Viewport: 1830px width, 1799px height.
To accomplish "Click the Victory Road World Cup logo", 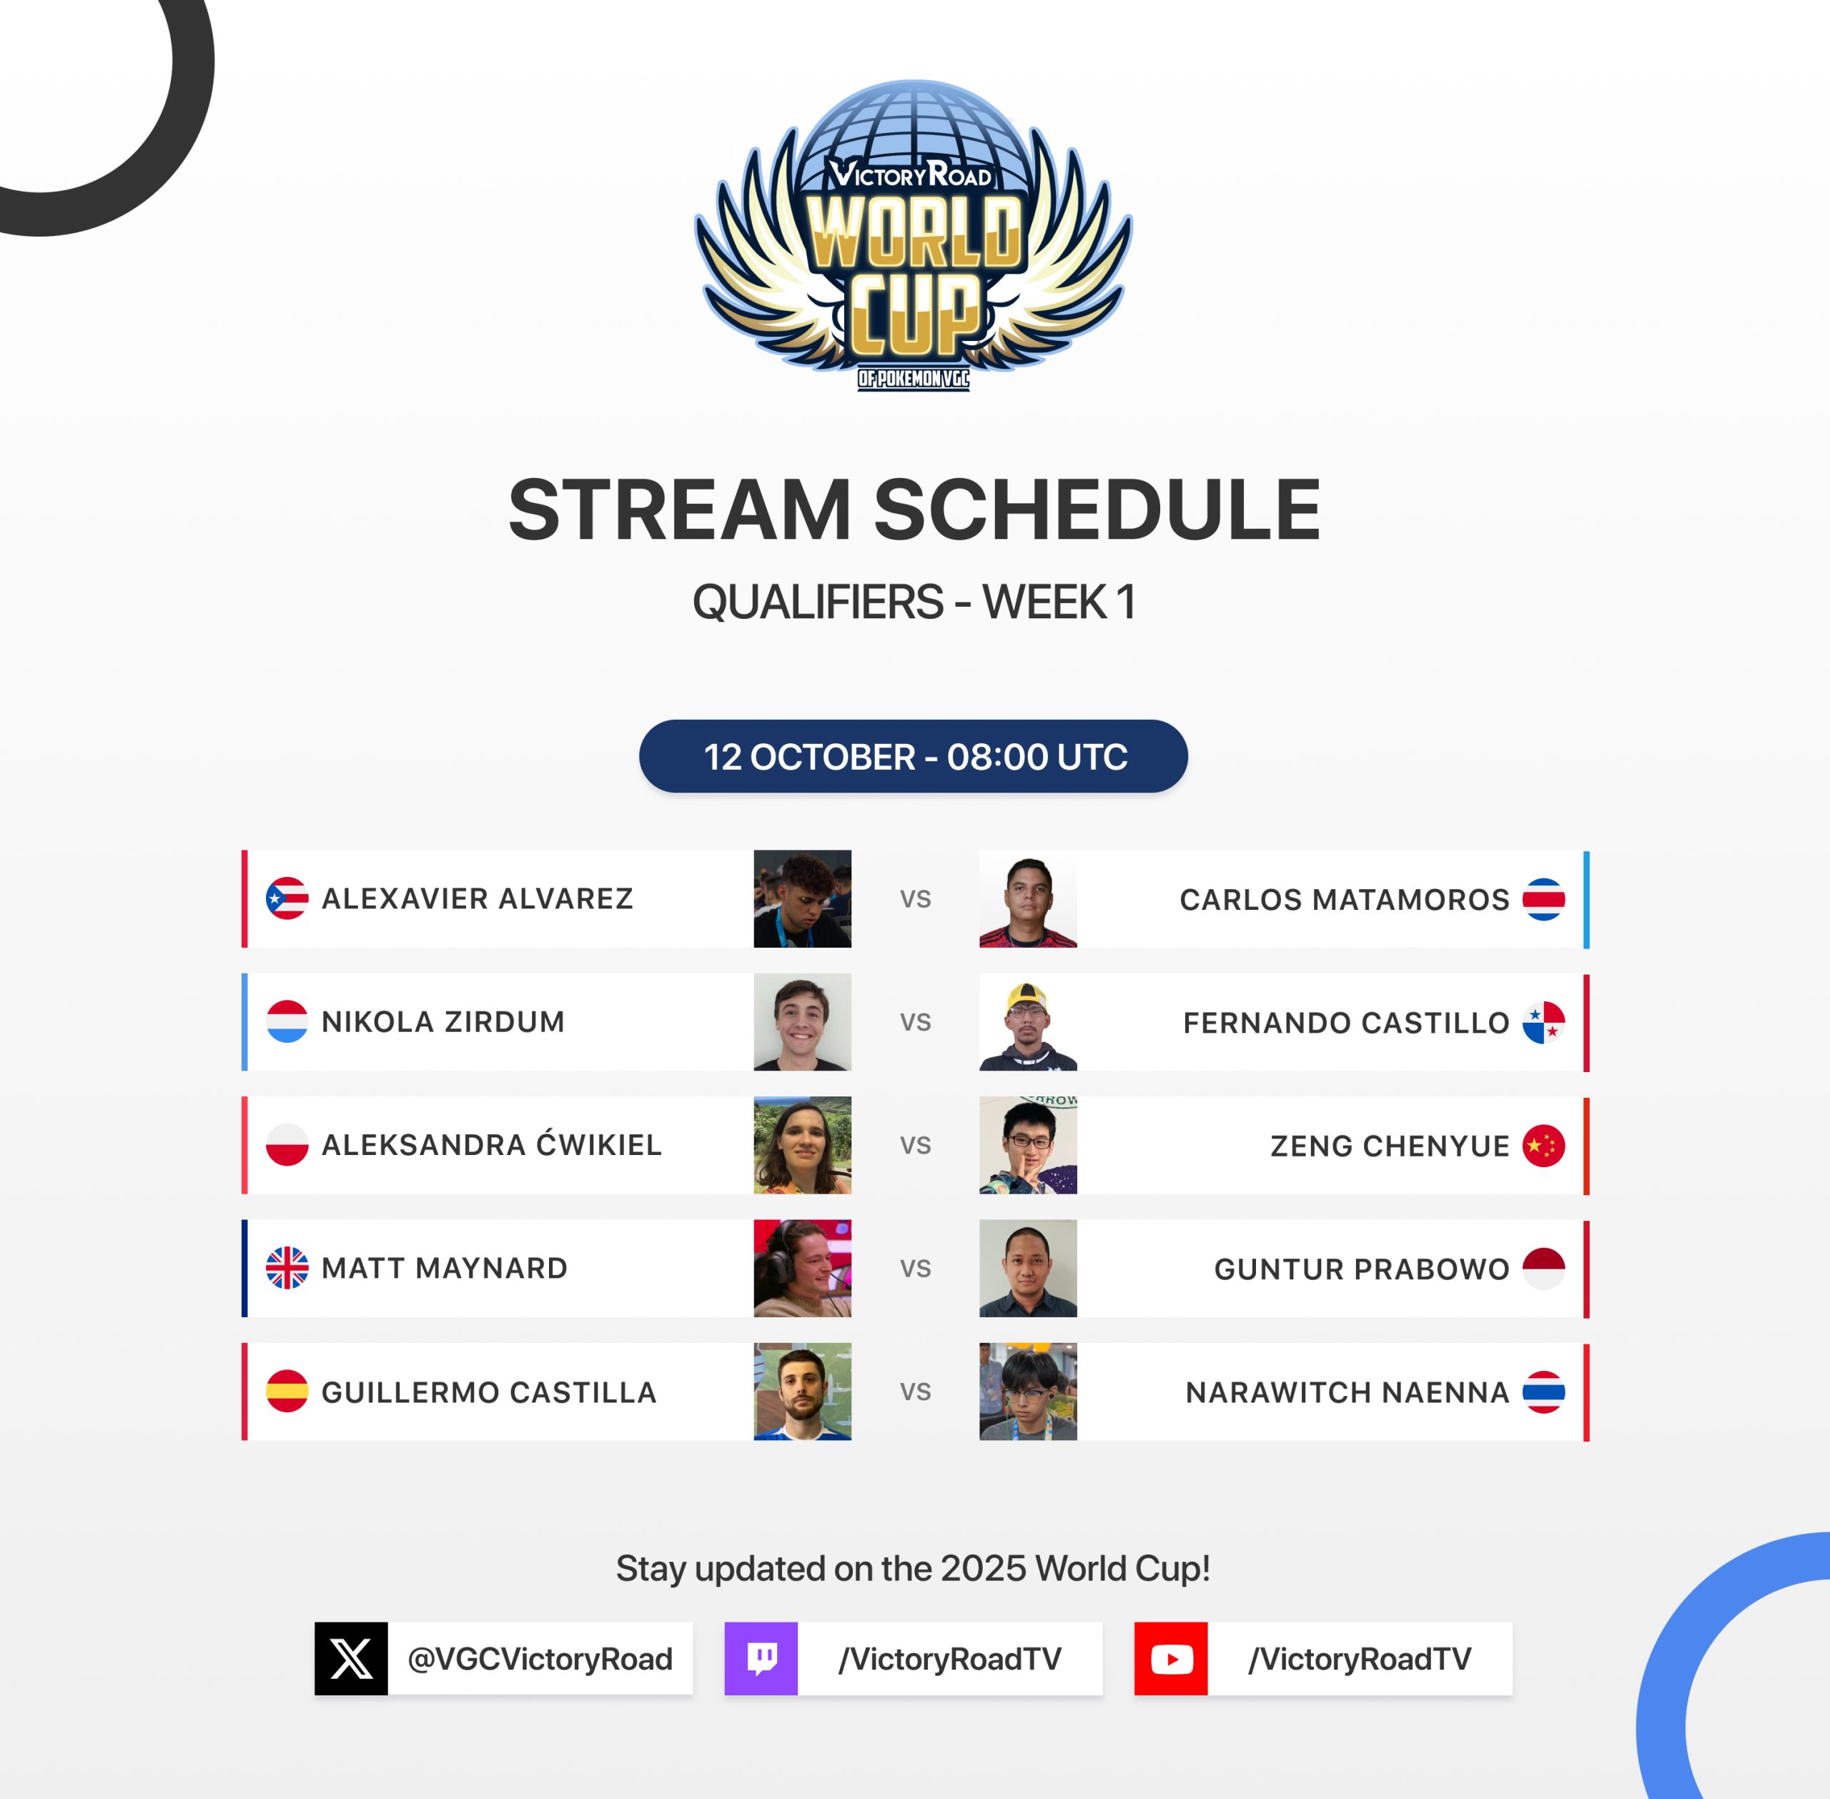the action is pos(914,235).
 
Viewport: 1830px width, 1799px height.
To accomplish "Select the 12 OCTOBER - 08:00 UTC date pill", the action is pos(914,756).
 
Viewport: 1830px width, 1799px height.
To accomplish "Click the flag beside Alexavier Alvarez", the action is pos(287,898).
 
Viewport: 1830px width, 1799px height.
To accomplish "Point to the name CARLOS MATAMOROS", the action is pos(1345,899).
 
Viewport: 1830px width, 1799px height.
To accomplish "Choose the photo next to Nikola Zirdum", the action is pos(802,1022).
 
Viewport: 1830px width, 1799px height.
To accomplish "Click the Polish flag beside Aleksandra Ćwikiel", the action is pos(287,1145).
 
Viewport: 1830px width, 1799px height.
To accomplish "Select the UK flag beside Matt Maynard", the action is pos(287,1268).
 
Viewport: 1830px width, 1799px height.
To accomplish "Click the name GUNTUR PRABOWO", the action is pos(1361,1269).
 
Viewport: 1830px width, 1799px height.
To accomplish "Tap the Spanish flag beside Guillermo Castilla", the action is pos(287,1392).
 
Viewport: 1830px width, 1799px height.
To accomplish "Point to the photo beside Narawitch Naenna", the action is pos(1028,1392).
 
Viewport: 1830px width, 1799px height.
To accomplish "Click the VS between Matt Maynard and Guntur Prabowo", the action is pos(916,1269).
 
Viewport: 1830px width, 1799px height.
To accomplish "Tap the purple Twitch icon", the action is pos(761,1658).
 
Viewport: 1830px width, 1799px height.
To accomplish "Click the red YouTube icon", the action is pos(1171,1658).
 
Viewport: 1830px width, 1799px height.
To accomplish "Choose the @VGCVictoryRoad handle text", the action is pos(540,1659).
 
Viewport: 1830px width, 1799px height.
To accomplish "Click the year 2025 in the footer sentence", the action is pos(982,1568).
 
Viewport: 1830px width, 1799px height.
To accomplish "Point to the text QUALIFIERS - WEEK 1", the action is pos(914,602).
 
